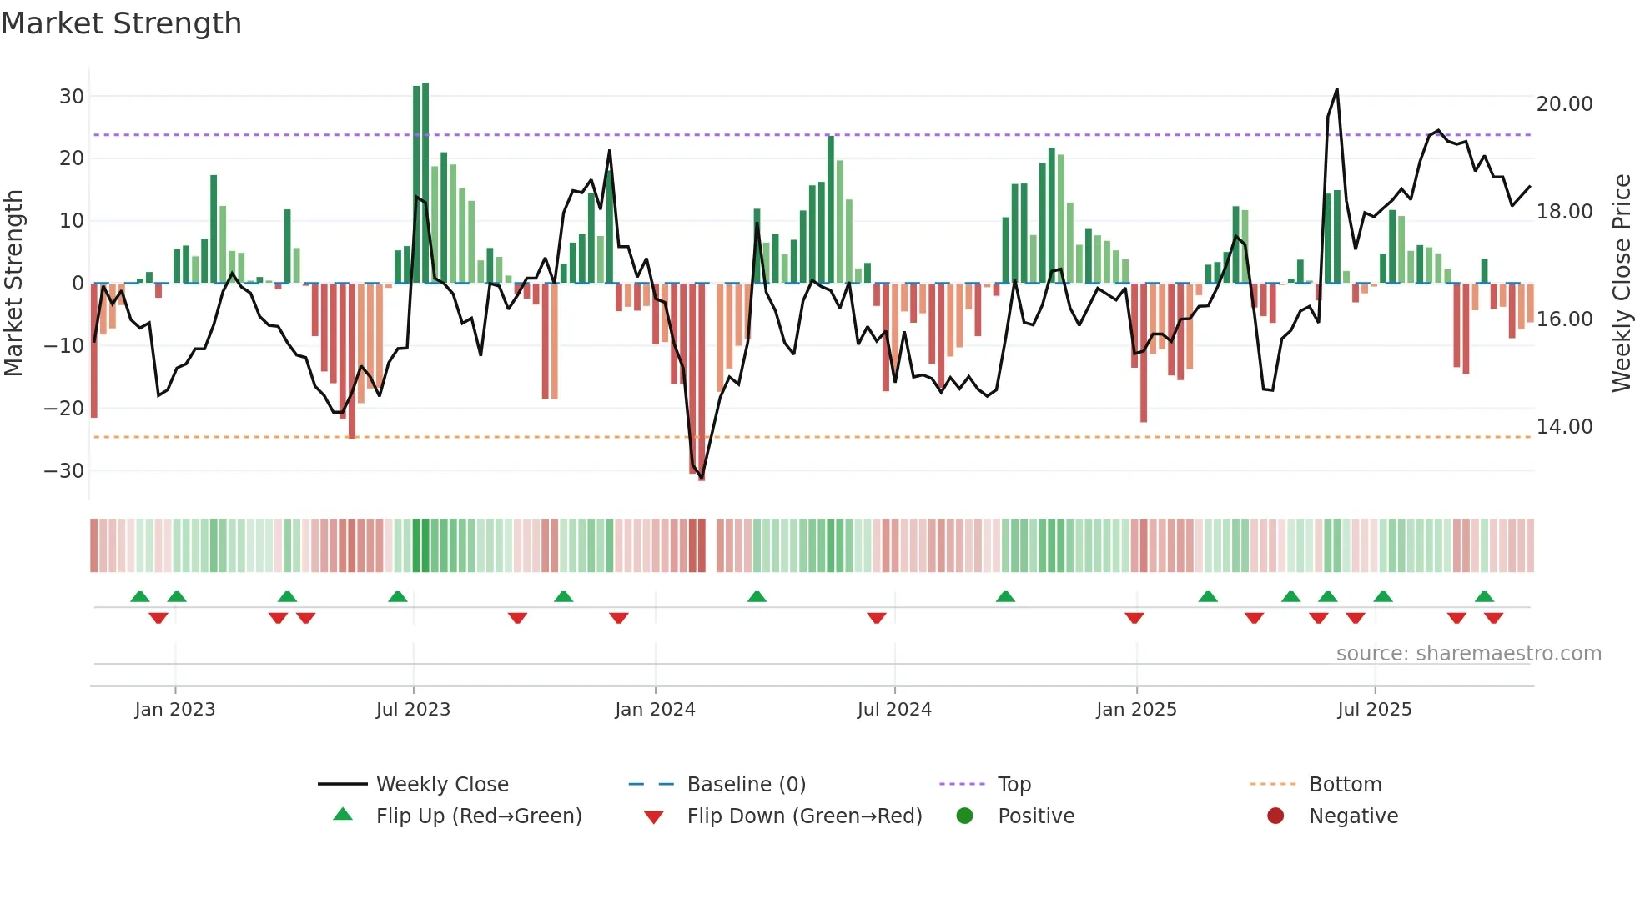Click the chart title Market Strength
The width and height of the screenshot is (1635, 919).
click(x=121, y=23)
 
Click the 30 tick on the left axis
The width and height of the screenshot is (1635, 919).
click(x=72, y=96)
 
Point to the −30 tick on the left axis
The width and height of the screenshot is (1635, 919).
click(x=65, y=470)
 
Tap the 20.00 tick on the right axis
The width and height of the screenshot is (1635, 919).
click(x=1564, y=103)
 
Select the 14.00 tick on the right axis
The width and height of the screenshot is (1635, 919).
click(x=1564, y=426)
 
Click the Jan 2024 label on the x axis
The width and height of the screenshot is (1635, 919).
click(x=655, y=709)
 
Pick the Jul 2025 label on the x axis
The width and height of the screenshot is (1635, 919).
click(x=1374, y=709)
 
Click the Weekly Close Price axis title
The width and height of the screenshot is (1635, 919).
click(x=1621, y=283)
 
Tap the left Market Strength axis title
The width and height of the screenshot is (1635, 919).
click(x=13, y=283)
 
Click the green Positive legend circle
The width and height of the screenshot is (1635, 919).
click(x=965, y=816)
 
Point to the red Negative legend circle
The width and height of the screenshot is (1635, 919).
click(x=1275, y=816)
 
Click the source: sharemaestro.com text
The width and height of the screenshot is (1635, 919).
click(x=1468, y=653)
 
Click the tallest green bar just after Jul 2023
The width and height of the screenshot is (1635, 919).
click(x=425, y=183)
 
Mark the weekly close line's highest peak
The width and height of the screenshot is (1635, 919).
click(x=1336, y=90)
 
